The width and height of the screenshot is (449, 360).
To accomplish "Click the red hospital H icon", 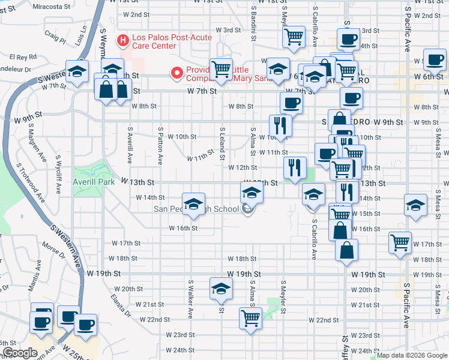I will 123,41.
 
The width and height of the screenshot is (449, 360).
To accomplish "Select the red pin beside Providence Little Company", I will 177,73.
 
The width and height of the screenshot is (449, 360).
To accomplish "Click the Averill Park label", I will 93,181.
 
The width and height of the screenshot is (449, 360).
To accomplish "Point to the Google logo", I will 19,353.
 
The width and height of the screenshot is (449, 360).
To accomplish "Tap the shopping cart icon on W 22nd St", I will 250,317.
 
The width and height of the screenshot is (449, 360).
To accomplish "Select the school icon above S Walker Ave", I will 193,204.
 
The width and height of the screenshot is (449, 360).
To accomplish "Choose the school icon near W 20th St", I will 221,289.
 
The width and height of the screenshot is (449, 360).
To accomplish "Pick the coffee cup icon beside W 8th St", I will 291,102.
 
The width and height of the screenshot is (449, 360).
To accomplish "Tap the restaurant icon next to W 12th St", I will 295,167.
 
